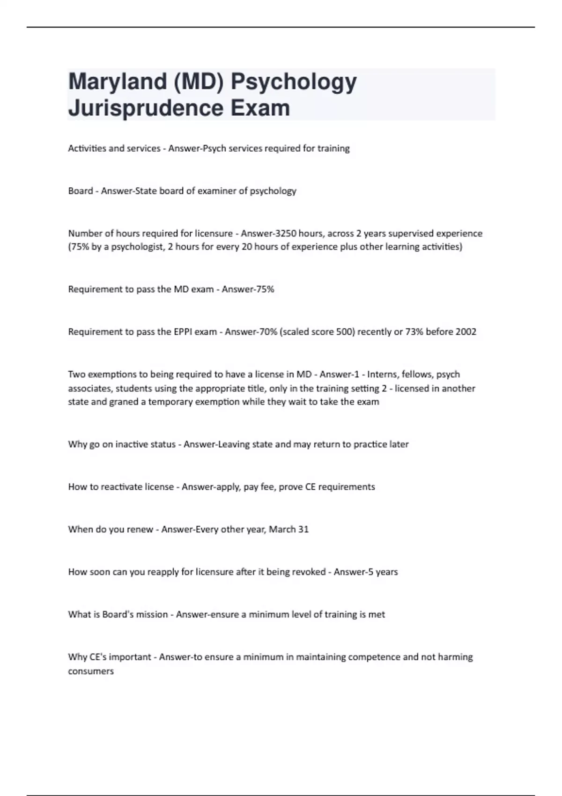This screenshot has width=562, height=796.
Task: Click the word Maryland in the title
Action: (118, 82)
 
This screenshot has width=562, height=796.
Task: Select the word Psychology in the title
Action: (294, 82)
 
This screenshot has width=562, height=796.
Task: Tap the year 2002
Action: (466, 332)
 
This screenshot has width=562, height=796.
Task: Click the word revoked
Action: (309, 572)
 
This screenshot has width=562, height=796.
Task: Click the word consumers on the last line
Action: (91, 671)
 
